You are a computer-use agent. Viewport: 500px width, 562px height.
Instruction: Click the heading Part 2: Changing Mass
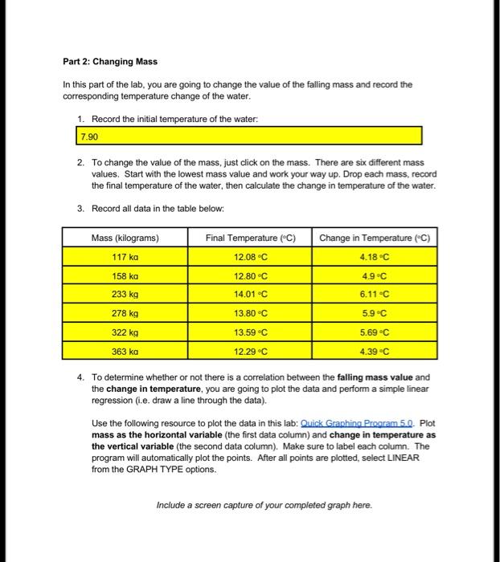(x=110, y=62)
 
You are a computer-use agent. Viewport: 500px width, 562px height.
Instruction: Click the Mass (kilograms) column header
(x=125, y=238)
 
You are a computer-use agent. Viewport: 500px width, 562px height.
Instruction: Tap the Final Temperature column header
(x=251, y=238)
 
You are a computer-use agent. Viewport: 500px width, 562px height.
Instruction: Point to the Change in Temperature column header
(x=375, y=238)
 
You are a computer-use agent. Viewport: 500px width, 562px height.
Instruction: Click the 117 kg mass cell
(x=125, y=257)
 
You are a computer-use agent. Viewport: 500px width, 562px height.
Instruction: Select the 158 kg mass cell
(x=125, y=275)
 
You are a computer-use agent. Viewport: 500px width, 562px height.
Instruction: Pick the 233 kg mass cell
(x=125, y=295)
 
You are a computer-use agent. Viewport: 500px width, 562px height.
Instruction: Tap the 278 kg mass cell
(x=125, y=313)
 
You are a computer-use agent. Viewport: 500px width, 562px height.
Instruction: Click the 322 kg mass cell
(x=125, y=332)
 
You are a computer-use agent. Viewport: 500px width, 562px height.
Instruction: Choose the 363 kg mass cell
(x=125, y=351)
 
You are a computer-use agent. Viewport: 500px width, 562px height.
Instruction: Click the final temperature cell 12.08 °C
(x=251, y=257)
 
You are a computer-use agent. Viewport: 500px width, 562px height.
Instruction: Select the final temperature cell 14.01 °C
(x=251, y=295)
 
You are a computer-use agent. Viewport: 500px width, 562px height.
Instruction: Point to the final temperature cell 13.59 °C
(x=251, y=332)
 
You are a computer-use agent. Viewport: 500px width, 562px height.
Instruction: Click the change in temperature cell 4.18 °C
(x=375, y=257)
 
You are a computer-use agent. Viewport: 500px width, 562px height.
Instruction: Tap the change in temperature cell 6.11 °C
(x=375, y=295)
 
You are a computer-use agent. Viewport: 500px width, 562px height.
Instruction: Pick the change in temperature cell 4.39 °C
(x=375, y=351)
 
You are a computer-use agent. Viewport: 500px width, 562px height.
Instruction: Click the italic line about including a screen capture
(x=264, y=505)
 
